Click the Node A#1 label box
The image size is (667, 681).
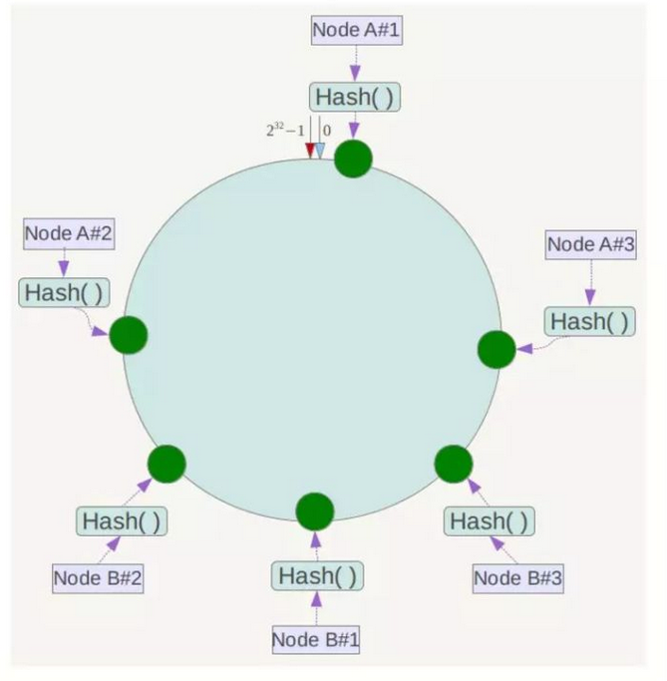[x=357, y=30]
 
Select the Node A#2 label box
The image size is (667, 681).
[x=69, y=233]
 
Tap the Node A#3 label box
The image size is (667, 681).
[x=590, y=244]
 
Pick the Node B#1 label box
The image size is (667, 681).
[x=316, y=639]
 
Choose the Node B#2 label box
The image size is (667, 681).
[x=98, y=578]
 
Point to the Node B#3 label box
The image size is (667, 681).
[x=518, y=578]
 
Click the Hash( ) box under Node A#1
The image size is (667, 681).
[x=355, y=97]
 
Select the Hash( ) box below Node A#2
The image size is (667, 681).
[x=64, y=293]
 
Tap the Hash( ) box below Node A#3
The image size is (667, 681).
[x=589, y=322]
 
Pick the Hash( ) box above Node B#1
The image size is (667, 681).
[x=317, y=576]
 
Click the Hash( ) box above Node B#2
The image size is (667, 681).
[x=122, y=521]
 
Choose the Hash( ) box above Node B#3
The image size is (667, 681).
[x=489, y=521]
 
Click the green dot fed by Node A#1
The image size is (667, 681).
[x=353, y=159]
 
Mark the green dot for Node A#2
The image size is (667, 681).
[x=129, y=335]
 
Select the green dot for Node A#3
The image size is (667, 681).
[x=497, y=349]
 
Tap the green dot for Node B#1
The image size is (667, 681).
[x=315, y=511]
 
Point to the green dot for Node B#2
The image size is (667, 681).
[x=167, y=464]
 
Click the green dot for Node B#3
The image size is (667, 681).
[x=454, y=464]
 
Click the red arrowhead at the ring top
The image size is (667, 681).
[x=310, y=151]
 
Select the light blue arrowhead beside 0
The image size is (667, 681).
[x=320, y=151]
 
